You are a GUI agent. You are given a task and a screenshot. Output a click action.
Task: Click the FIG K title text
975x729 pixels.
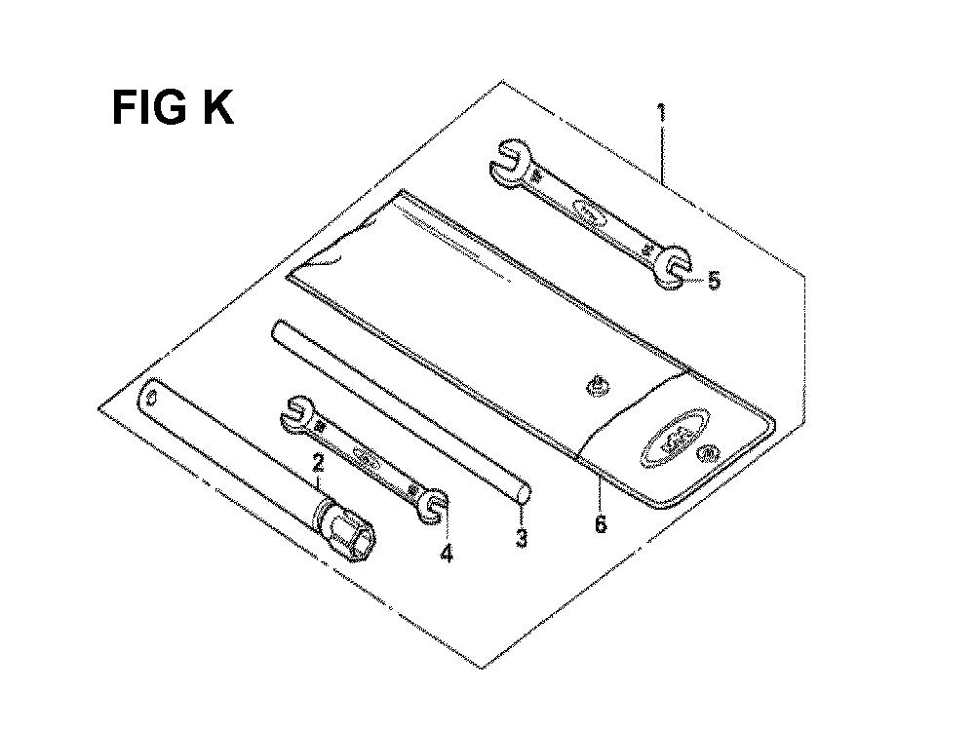click(173, 108)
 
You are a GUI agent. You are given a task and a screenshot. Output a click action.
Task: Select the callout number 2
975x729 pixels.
click(318, 464)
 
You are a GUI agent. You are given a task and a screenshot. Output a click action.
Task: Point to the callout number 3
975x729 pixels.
click(522, 538)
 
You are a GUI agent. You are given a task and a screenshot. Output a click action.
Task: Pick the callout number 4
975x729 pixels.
click(446, 554)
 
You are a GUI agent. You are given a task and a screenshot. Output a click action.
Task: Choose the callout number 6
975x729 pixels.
click(601, 524)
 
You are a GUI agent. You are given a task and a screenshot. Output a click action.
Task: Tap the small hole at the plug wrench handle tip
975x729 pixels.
click(152, 396)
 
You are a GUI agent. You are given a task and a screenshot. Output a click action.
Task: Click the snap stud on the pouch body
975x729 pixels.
click(598, 387)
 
